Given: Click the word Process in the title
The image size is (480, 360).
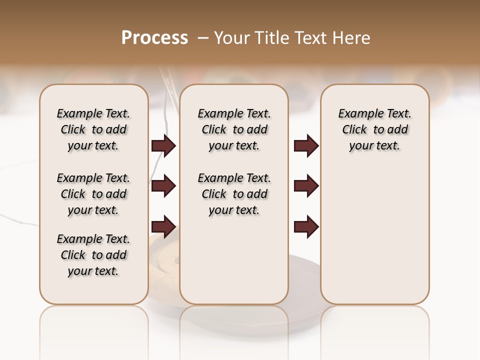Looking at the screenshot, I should (154, 38).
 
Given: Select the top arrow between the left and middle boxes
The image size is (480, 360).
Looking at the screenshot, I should (163, 145).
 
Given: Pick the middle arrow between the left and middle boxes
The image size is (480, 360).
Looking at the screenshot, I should (163, 186).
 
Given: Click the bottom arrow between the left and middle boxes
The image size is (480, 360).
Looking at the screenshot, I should (163, 227).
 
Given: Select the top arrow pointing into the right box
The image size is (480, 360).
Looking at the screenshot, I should (306, 145).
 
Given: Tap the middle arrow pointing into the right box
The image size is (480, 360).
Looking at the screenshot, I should (306, 186).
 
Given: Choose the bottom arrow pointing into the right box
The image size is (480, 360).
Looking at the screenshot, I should (306, 227).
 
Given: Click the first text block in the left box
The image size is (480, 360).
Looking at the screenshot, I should (93, 129).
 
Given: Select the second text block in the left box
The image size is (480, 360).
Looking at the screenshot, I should (93, 194).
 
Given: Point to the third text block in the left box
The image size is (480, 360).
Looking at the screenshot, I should (93, 255).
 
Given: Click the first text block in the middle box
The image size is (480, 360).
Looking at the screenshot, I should (234, 129).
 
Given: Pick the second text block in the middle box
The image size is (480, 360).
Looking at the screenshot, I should (234, 194).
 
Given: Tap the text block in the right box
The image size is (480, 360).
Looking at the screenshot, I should (374, 129).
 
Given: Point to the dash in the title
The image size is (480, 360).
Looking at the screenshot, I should (203, 38).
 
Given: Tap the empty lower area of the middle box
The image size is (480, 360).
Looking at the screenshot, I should (234, 260).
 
